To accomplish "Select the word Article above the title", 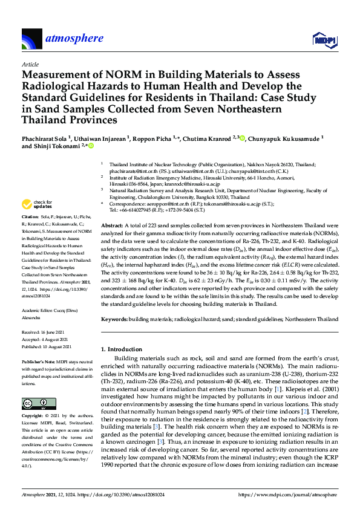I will tap(30, 63).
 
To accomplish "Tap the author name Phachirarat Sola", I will tap(44, 138).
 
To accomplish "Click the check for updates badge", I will tap(37, 205).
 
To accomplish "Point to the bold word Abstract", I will tap(112, 224).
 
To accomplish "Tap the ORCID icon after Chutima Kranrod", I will tap(243, 138).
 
